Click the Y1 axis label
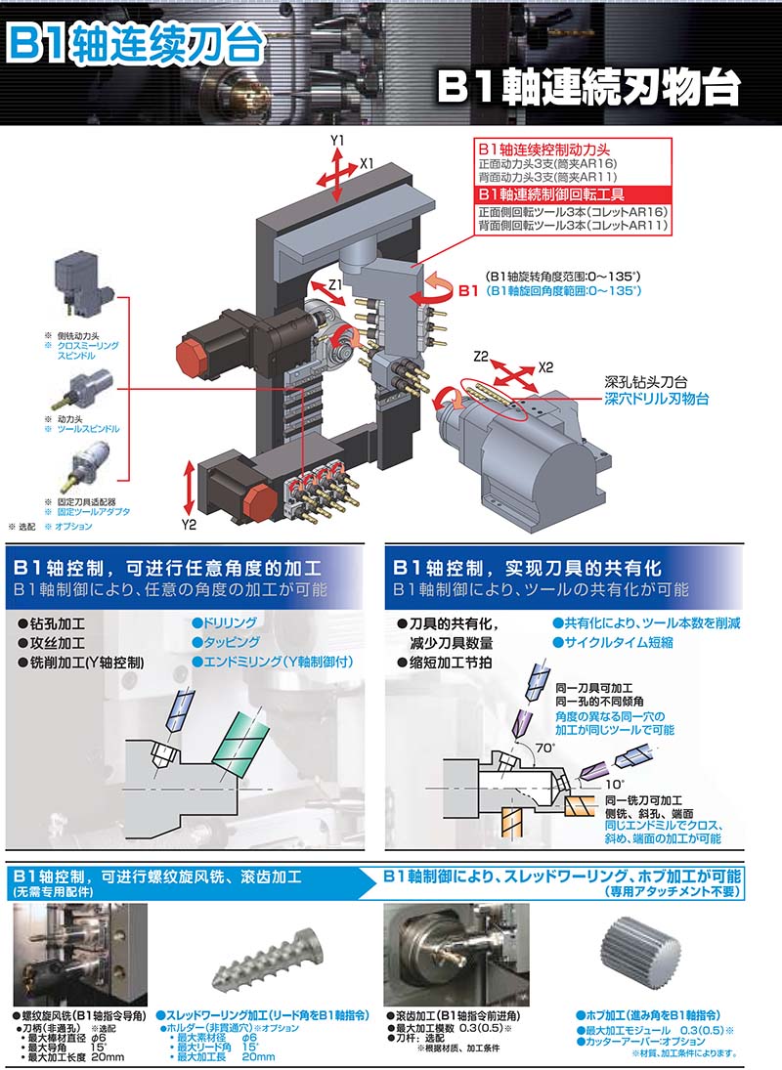337,141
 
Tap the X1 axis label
368,164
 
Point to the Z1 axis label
335,284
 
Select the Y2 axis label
189,524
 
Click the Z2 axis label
481,357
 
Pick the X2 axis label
545,367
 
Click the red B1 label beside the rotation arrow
468,290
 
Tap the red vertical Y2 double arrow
190,488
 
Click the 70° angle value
544,748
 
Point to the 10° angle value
614,784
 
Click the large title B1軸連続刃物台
588,87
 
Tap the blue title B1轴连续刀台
136,43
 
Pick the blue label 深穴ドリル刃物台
657,399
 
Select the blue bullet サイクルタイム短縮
613,642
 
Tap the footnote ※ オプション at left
68,526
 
